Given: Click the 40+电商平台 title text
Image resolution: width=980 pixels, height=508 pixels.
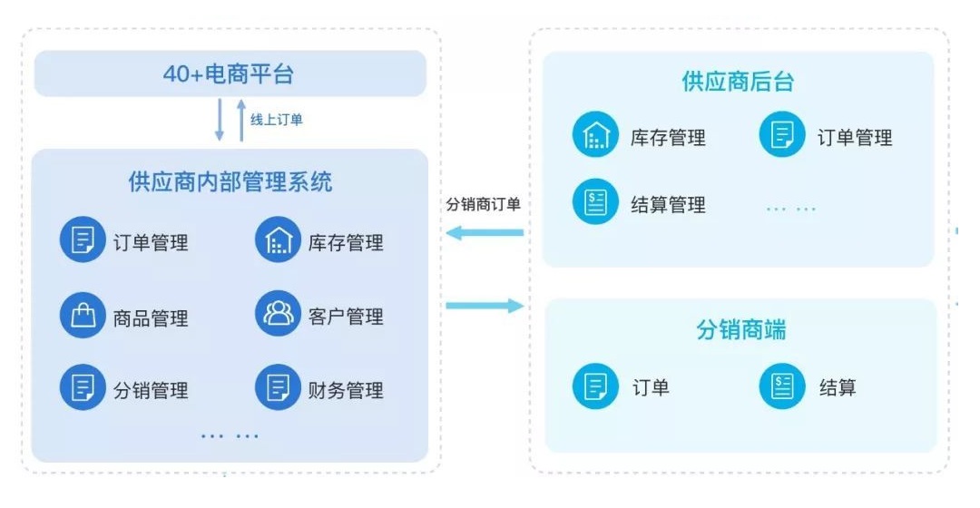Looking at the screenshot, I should click(x=229, y=74).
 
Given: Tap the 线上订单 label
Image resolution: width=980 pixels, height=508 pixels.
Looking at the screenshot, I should click(x=277, y=120).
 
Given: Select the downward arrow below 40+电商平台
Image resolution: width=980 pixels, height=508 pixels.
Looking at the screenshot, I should click(x=219, y=121).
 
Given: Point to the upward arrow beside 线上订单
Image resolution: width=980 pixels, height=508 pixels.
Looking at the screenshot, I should click(x=241, y=121).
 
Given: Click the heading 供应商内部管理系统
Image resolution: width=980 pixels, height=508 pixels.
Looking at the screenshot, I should click(x=230, y=181).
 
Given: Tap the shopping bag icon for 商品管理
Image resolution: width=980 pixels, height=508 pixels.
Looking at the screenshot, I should click(x=83, y=316).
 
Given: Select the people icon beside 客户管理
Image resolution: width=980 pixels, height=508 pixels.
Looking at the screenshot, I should click(x=278, y=314).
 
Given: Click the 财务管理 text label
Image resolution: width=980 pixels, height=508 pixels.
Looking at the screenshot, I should click(x=346, y=390).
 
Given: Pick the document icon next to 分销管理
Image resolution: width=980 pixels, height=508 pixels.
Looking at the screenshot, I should click(x=83, y=388).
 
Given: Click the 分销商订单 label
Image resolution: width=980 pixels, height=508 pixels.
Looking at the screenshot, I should click(x=483, y=204).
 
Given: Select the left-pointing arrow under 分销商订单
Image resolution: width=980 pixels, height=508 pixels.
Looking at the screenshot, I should click(x=486, y=234).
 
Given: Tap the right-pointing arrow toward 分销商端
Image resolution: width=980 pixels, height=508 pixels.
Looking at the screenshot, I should click(x=486, y=306).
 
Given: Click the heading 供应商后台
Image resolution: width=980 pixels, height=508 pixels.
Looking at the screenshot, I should click(x=738, y=83).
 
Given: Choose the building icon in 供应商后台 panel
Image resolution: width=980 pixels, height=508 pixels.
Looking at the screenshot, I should click(x=595, y=136).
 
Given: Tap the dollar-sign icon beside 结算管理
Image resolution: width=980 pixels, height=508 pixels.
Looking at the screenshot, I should click(x=595, y=202).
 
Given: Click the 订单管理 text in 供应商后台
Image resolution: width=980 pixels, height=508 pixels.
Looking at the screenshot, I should click(x=855, y=137).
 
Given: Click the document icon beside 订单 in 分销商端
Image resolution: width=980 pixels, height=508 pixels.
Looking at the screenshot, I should click(x=595, y=387).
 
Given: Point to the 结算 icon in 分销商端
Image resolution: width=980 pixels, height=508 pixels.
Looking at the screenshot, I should click(x=782, y=387).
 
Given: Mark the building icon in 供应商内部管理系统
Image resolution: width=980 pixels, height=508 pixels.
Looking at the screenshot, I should click(x=278, y=240).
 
